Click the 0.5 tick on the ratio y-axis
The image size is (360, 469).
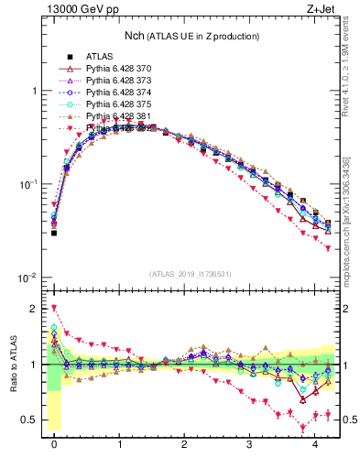coord(32,420)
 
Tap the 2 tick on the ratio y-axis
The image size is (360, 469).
coord(35,308)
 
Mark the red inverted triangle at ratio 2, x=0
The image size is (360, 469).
coord(54,309)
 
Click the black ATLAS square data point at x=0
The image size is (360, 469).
coord(54,233)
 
